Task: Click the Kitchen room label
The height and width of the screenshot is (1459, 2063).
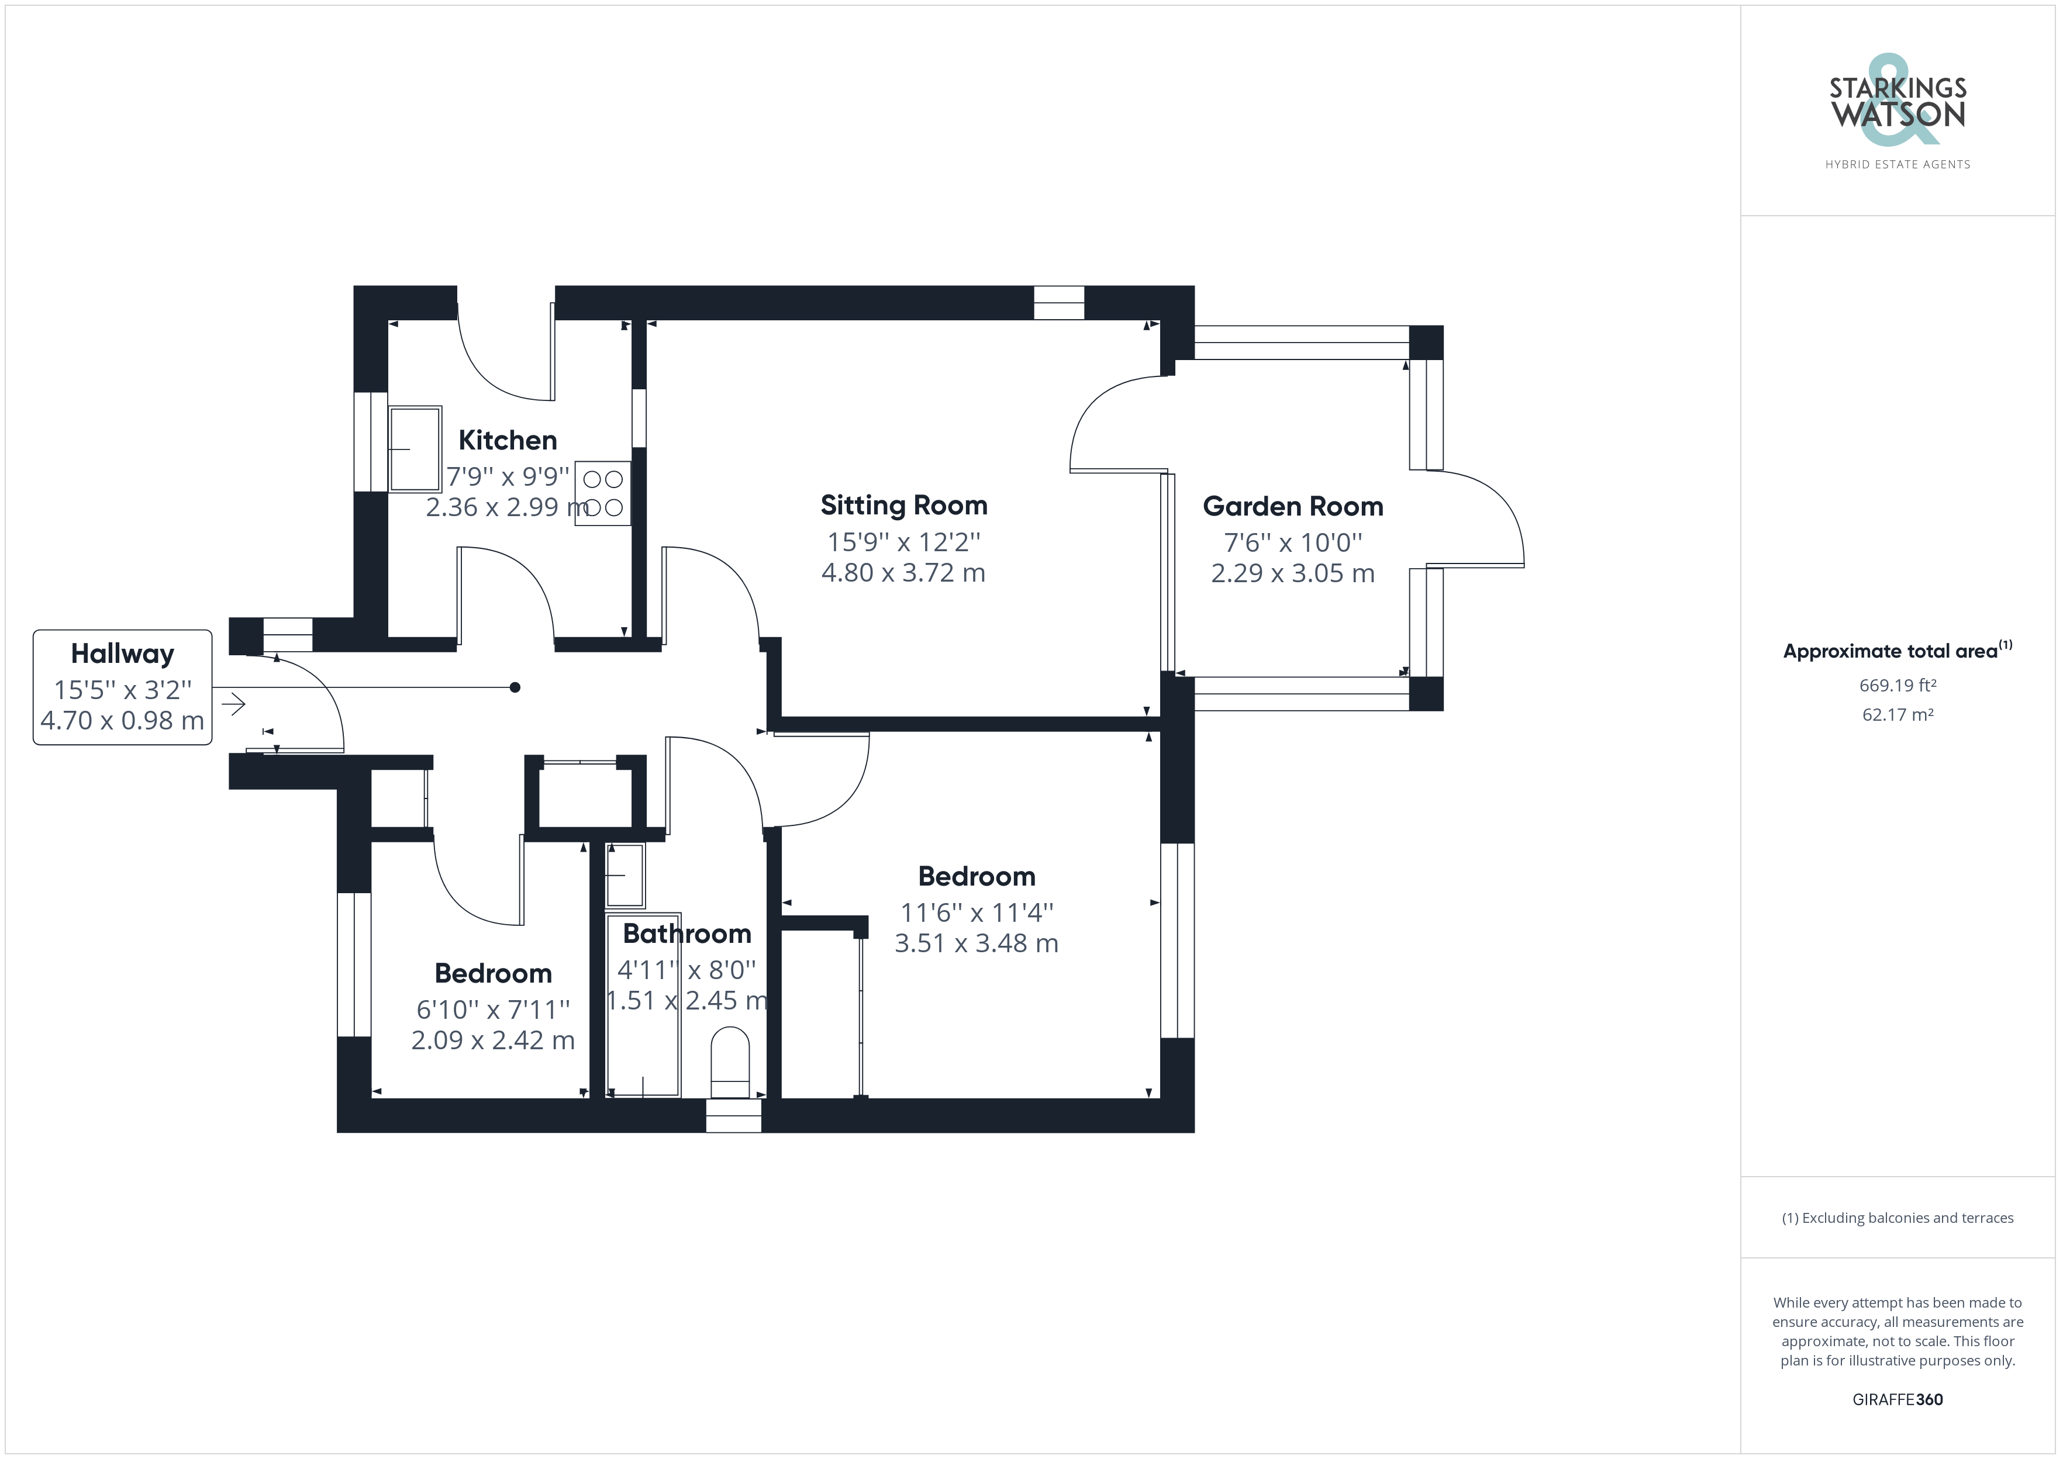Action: (508, 440)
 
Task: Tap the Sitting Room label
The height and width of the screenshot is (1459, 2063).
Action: (904, 506)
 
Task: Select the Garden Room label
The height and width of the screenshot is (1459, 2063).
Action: (1293, 507)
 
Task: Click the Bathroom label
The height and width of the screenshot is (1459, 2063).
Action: (687, 934)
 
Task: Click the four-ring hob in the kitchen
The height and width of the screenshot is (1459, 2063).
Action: (603, 493)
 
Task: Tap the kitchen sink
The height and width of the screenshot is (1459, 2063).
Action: (415, 449)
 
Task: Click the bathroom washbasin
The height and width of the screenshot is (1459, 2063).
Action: (625, 875)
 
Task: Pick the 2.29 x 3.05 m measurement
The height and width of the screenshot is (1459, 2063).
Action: (1293, 573)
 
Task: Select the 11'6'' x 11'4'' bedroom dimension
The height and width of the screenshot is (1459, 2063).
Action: (977, 913)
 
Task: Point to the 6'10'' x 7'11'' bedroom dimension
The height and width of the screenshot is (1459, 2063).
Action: (494, 1010)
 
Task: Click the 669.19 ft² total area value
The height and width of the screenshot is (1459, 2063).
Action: (1898, 686)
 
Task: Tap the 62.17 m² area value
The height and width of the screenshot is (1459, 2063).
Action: (1898, 715)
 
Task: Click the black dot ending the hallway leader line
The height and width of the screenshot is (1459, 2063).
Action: (515, 687)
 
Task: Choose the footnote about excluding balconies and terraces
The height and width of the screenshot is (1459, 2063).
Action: (1898, 1218)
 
